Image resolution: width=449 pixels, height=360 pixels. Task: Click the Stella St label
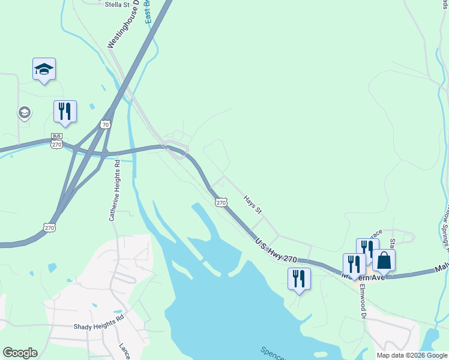117,4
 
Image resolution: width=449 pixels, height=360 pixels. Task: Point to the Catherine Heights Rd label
113,190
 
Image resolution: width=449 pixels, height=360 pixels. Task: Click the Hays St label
253,204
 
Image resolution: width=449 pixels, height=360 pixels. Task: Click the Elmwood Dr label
363,300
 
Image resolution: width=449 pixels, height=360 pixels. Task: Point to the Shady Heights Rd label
98,327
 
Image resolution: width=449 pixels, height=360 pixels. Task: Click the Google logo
20,353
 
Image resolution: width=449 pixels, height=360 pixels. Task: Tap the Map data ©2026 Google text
411,355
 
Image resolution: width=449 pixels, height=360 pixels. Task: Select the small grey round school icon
24,112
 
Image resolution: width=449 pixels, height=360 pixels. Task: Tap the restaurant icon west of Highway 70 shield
65,111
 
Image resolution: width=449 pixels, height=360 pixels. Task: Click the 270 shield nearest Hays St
221,202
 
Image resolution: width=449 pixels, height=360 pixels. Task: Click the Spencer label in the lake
274,353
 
